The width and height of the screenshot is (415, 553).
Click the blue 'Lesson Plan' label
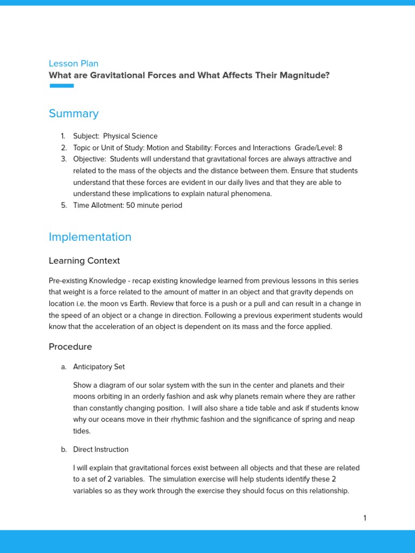[x=73, y=63]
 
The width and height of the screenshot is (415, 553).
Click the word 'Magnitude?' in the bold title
[x=304, y=75]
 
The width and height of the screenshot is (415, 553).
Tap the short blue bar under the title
[x=62, y=86]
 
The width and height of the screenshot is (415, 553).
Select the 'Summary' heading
[x=73, y=113]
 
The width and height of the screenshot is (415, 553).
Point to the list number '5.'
[x=63, y=205]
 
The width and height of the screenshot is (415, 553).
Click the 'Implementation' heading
[x=90, y=237]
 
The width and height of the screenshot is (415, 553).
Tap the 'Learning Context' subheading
[x=84, y=261]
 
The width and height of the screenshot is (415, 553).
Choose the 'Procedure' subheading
[x=70, y=347]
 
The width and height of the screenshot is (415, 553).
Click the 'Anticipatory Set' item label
[x=99, y=367]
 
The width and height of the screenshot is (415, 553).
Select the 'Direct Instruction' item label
[x=101, y=449]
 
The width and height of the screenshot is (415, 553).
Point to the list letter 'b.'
[x=64, y=449]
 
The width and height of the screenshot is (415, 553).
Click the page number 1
[x=365, y=518]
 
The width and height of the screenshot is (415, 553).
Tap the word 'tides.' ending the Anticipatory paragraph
[x=82, y=431]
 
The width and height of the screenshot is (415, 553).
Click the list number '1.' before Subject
[x=63, y=136]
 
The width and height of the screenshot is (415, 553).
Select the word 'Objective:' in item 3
[x=89, y=159]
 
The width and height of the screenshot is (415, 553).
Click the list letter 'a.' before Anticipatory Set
[x=64, y=367]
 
